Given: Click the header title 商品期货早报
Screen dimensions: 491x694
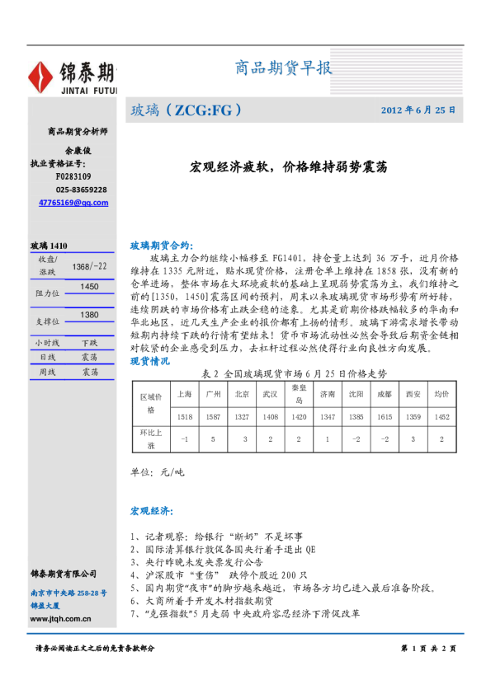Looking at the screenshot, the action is pos(284,68).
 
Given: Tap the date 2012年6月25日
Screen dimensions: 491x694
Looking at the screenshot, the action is pos(418,110).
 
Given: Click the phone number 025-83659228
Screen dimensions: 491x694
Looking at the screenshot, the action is pos(78,190).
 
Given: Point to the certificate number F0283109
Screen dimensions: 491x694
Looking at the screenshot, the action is pos(73,176).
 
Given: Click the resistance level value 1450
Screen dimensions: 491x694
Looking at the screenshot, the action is pos(89,286).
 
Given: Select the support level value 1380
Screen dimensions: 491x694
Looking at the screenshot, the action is pos(89,315).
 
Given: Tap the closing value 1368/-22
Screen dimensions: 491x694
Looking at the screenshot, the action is pos(89,266).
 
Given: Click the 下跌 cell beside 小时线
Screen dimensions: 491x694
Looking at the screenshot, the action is pos(89,342).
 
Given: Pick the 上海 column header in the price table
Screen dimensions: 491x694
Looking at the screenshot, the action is pos(185,394).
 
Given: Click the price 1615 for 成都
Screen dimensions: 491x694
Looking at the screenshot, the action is pos(385,417).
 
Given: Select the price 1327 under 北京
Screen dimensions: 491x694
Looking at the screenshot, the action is pos(242,417).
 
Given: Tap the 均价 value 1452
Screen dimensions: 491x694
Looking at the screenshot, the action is pos(441,417).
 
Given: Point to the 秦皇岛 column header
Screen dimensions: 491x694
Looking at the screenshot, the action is pos(299,393).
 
